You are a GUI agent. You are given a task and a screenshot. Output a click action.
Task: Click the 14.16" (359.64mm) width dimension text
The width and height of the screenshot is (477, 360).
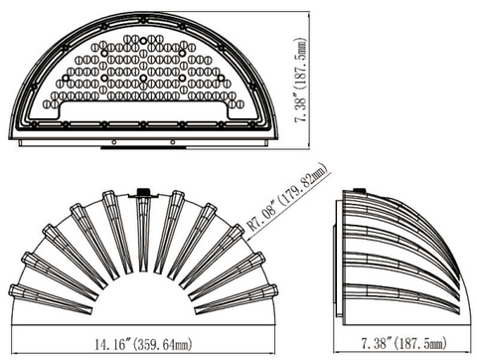(143, 344)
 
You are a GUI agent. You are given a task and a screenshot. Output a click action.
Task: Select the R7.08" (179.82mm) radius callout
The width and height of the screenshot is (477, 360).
(287, 197)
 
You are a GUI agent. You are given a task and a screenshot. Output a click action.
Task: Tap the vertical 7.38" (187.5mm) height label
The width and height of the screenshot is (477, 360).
(301, 81)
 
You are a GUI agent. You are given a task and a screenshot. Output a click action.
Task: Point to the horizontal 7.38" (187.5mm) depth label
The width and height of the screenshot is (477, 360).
(403, 343)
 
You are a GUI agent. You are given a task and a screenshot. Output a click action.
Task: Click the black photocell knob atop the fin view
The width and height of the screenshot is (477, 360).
(143, 192)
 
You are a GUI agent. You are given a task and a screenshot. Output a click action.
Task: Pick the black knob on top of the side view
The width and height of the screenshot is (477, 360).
(360, 190)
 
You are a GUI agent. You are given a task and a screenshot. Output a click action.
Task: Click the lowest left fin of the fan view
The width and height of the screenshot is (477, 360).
(50, 299)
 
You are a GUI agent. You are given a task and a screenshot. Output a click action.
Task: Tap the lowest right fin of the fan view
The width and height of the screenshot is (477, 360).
(237, 299)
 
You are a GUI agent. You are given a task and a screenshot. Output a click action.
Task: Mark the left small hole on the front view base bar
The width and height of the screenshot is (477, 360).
(114, 142)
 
